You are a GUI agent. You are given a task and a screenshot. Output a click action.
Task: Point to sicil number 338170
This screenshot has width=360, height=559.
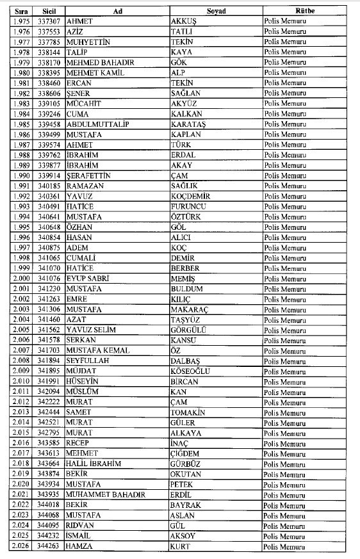(49, 62)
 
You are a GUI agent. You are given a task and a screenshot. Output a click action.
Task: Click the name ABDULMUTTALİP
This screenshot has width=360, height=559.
(94, 124)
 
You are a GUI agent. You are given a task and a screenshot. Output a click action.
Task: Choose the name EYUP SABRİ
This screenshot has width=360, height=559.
(88, 278)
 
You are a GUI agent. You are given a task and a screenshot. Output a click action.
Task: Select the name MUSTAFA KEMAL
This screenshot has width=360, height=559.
(98, 350)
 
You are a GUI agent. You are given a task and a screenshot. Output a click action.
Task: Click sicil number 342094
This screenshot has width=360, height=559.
(49, 391)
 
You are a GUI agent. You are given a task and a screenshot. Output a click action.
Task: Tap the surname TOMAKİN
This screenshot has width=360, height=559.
(188, 412)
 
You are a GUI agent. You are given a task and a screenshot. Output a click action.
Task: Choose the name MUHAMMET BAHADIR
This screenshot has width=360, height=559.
(106, 494)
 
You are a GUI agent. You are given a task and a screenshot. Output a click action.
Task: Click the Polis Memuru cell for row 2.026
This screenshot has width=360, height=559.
(285, 546)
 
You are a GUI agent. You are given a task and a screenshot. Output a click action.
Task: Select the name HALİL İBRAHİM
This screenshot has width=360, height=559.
(94, 464)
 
